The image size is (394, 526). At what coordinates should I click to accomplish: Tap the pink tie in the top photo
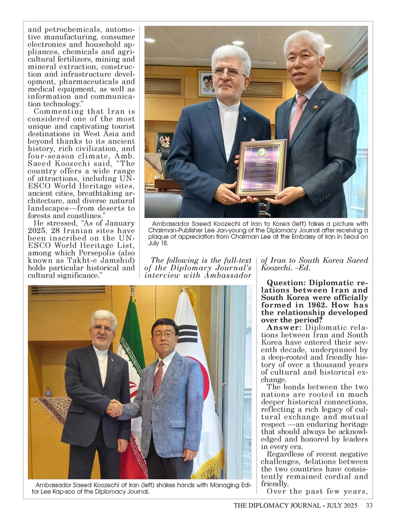point(297,117)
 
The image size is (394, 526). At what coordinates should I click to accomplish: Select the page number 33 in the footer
point(369,506)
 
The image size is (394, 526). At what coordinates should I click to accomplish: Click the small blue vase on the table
point(48,392)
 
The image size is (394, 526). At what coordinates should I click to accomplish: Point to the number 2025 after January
point(37,230)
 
